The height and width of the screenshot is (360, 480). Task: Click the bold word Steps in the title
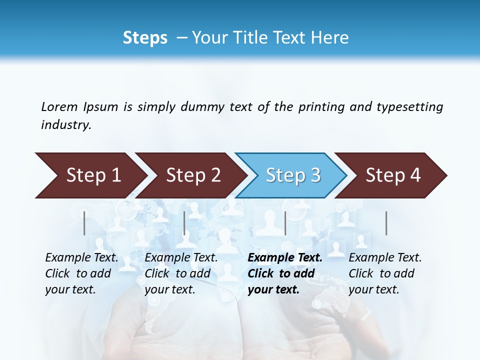(145, 38)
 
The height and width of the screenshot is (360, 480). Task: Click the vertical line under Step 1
(84, 223)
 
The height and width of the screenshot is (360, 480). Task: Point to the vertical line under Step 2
(184, 223)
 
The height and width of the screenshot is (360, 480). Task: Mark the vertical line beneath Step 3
(285, 223)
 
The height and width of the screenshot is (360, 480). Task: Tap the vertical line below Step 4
(386, 223)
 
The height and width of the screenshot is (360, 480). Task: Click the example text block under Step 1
(81, 273)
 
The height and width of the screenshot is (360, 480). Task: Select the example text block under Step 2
(181, 273)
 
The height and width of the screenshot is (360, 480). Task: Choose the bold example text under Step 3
(285, 273)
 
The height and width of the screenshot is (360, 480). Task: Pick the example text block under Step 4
(385, 273)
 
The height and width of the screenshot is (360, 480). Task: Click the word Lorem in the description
(59, 106)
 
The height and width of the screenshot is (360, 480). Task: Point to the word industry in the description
(66, 124)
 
